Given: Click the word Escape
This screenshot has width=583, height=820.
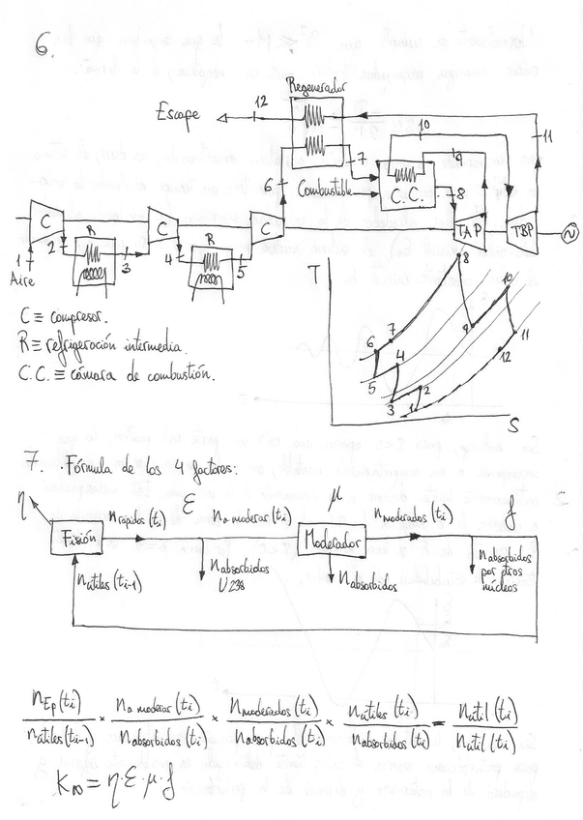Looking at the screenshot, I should coord(179,114).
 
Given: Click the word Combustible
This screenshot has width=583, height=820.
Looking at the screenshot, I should coord(327,181).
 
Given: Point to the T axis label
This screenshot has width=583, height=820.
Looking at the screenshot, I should coord(315,275).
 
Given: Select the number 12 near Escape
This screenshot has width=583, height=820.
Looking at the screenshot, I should coord(260,101).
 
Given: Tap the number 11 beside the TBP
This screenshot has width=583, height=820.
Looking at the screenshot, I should coord(547,136).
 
